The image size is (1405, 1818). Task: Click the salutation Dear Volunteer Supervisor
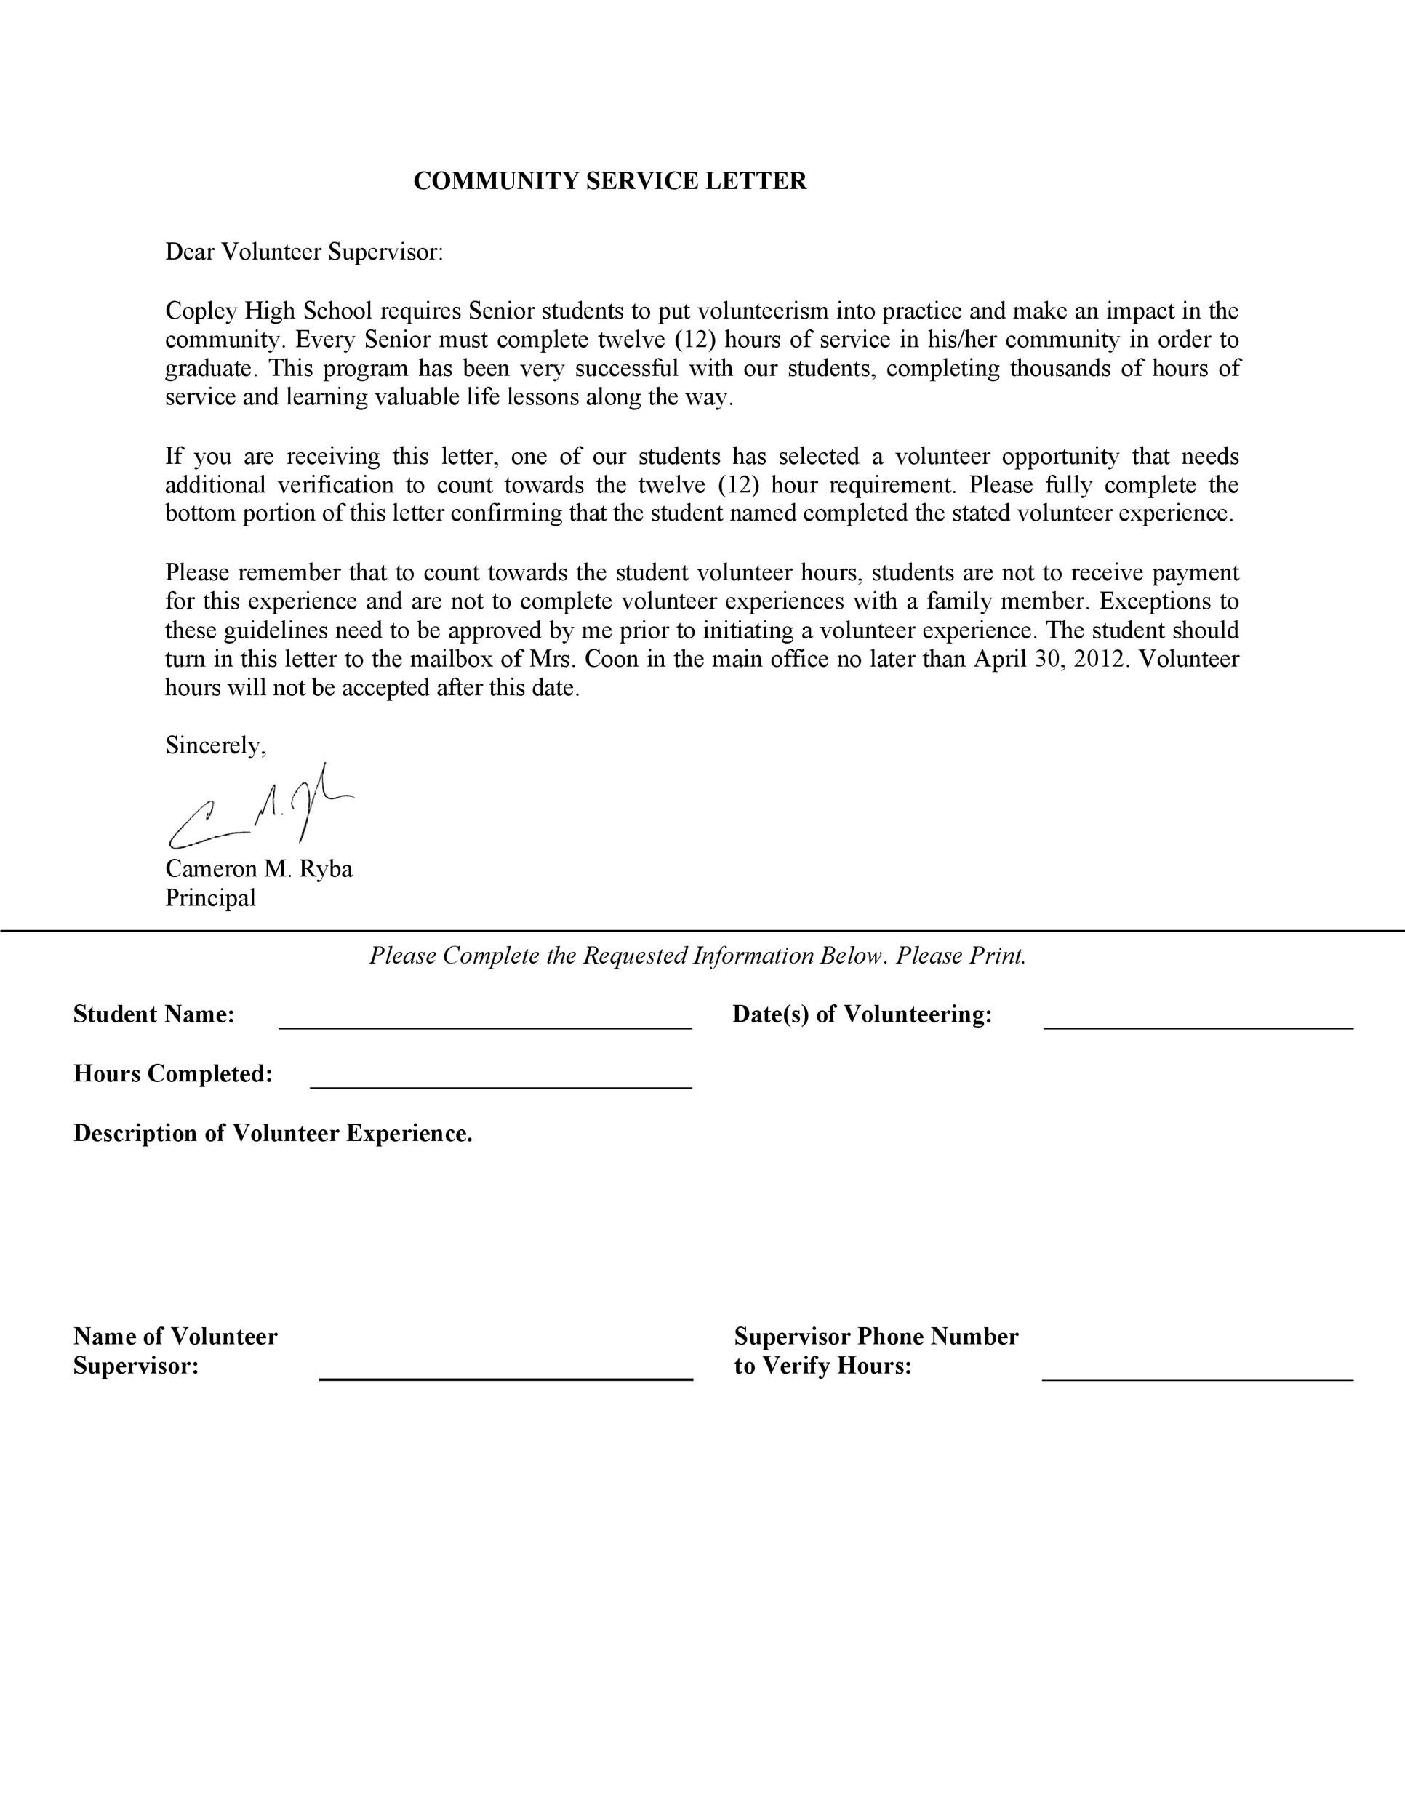(304, 252)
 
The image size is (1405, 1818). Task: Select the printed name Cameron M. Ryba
(259, 869)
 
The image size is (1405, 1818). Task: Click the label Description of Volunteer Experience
(273, 1134)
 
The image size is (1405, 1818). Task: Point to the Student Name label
(154, 1014)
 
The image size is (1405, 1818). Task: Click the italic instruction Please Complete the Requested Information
(697, 956)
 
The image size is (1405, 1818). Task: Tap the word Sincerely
(215, 746)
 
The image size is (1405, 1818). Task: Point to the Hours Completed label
(173, 1074)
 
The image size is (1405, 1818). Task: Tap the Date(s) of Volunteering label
(862, 1014)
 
